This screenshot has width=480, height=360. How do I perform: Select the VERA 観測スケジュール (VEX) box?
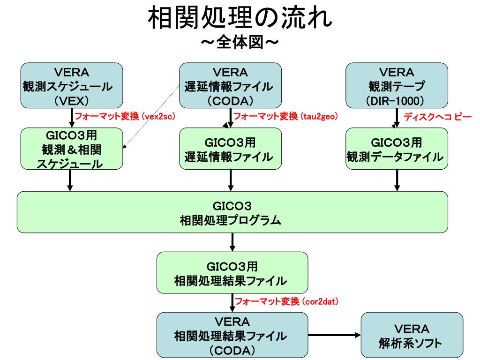(x=71, y=86)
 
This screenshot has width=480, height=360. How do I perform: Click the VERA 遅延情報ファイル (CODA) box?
(x=231, y=86)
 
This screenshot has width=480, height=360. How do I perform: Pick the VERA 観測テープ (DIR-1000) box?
(x=397, y=86)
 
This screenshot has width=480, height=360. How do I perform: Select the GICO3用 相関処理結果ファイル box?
(x=232, y=273)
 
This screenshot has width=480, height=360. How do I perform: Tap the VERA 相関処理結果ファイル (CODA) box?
(x=232, y=335)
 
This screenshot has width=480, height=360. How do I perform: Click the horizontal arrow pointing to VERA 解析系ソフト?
(x=334, y=335)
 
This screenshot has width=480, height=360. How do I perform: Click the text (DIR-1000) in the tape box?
(x=397, y=100)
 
